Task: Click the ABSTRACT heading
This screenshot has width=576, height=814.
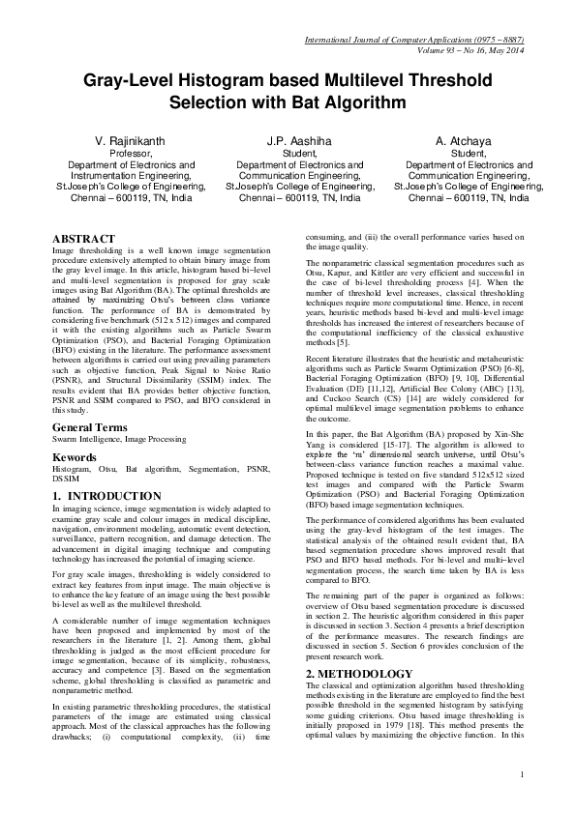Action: [x=83, y=239]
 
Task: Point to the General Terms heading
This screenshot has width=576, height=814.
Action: [x=93, y=426]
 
